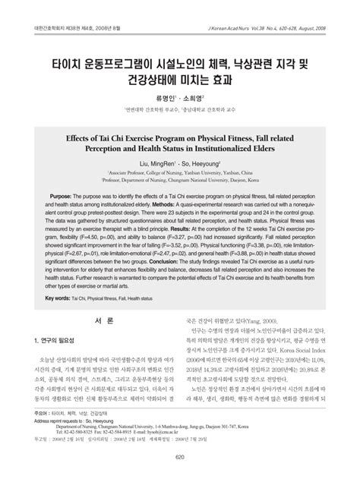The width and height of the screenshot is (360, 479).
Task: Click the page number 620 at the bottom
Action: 180,456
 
